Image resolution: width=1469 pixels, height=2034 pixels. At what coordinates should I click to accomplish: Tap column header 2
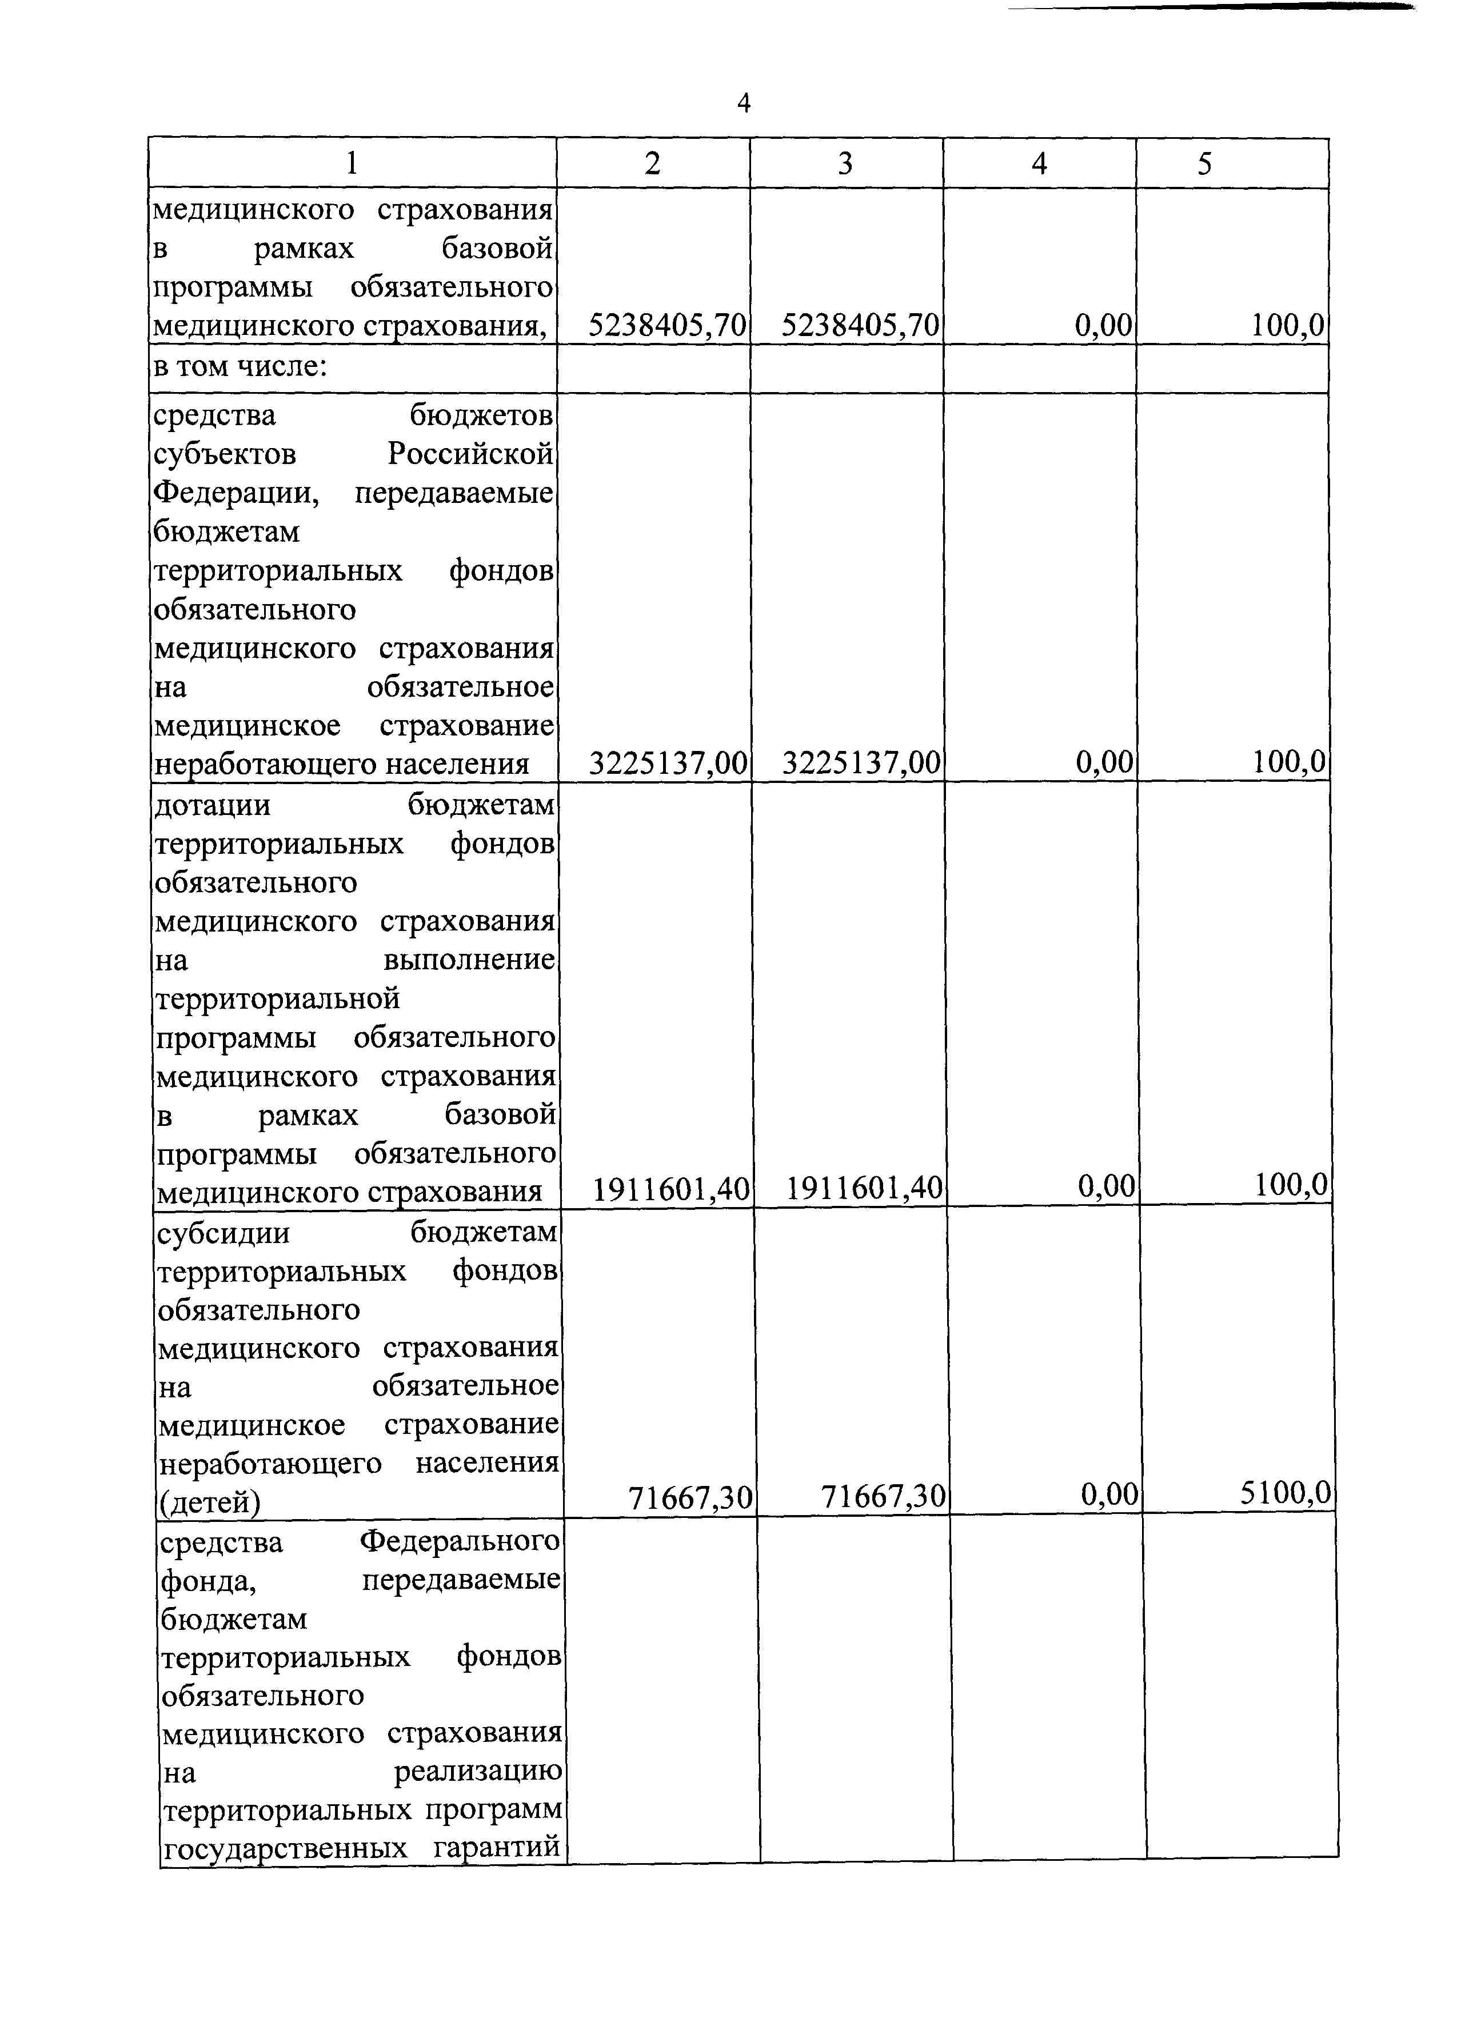pyautogui.click(x=652, y=163)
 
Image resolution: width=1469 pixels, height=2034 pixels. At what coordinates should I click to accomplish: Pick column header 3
pyautogui.click(x=845, y=163)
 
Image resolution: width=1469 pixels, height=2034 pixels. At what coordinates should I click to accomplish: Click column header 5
pyautogui.click(x=1204, y=163)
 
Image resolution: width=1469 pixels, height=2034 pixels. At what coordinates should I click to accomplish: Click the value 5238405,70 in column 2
pyautogui.click(x=667, y=325)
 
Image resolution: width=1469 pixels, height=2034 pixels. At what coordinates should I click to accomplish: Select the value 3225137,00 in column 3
pyautogui.click(x=861, y=763)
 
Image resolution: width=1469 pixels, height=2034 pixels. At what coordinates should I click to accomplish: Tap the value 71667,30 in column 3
pyautogui.click(x=883, y=1496)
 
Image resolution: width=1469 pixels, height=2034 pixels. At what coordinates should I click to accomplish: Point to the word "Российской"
pyautogui.click(x=470, y=455)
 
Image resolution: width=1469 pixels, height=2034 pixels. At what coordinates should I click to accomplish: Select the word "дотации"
pyautogui.click(x=213, y=805)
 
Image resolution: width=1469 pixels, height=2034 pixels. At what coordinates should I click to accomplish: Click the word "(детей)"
pyautogui.click(x=210, y=1501)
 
